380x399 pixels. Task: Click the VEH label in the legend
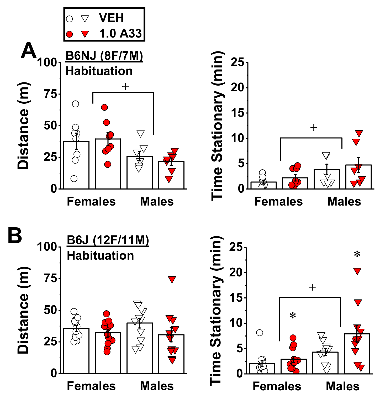point(111,18)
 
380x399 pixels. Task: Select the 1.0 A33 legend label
point(120,34)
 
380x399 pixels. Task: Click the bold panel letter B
point(15,235)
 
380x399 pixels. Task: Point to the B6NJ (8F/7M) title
point(104,56)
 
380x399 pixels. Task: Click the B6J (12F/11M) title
point(108,240)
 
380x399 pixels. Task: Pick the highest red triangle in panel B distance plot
point(172,280)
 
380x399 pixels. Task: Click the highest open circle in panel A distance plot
point(75,104)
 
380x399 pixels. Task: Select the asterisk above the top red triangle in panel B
point(357,254)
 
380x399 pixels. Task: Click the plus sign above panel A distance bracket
point(126,86)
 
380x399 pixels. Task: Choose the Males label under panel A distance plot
point(157,202)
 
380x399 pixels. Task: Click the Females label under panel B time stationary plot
point(277,386)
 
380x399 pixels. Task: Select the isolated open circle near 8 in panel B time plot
point(260,333)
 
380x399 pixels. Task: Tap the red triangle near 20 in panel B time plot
point(357,271)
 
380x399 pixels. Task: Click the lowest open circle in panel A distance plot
point(74,179)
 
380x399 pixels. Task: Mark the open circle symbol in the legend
point(70,19)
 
